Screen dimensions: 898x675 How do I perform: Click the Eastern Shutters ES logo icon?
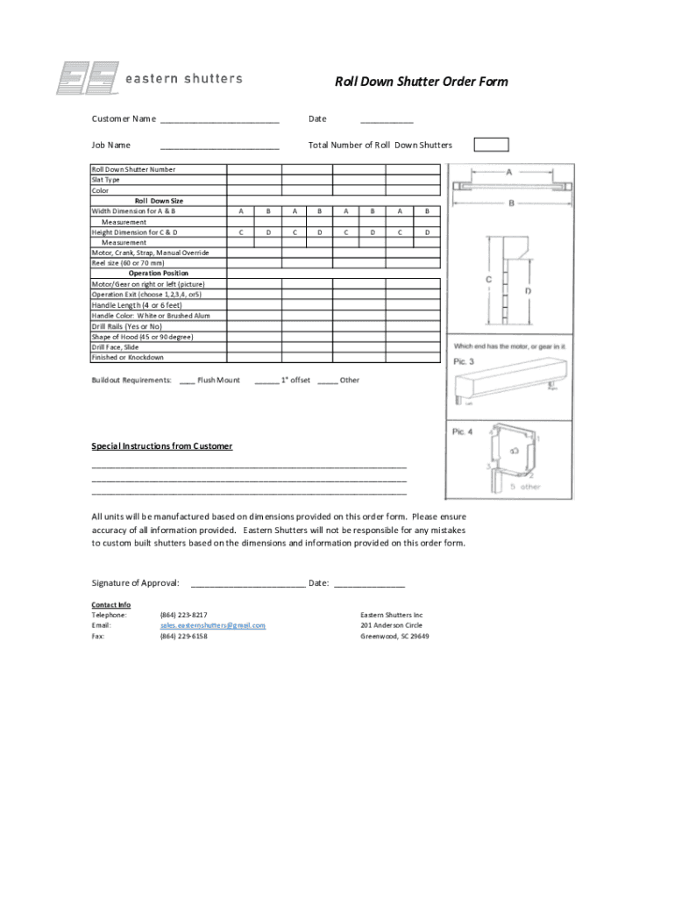(87, 78)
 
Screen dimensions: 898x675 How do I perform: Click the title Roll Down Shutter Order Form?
(421, 82)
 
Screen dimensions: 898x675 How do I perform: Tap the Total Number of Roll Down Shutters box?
(491, 145)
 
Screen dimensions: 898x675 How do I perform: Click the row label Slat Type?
(106, 180)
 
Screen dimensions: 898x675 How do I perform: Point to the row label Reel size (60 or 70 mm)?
(127, 262)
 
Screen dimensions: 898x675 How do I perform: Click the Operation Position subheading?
(158, 273)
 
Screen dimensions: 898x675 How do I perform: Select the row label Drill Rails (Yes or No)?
(127, 326)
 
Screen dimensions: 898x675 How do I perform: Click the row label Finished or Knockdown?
(127, 357)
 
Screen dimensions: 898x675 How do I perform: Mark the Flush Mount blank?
(187, 381)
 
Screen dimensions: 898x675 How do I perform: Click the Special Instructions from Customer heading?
(162, 446)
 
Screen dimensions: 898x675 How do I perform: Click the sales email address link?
(212, 625)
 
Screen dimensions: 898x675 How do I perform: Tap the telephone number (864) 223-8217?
(183, 615)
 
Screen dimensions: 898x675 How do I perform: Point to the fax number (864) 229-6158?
(183, 636)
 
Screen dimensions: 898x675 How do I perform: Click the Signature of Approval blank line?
(247, 584)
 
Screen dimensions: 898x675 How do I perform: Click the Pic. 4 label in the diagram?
(462, 431)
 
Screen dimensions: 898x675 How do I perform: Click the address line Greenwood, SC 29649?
(394, 636)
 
